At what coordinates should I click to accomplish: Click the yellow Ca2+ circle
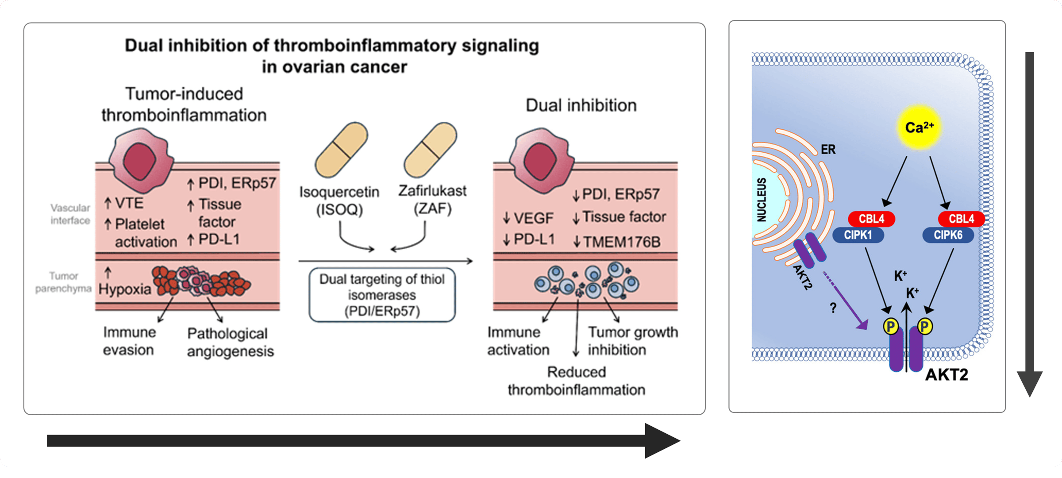coord(919,127)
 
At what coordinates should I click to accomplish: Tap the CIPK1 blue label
coord(858,235)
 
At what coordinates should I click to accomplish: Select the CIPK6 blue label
coord(948,235)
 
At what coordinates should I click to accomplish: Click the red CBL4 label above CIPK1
coord(871,219)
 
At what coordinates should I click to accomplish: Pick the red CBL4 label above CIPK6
coord(961,219)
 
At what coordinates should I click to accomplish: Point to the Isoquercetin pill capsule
coord(341,150)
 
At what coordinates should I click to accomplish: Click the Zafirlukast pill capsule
coord(430,150)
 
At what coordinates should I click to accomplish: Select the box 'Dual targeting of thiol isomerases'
coord(382,295)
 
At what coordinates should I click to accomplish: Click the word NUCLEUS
coord(762,199)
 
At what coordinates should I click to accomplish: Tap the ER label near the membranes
coord(828,150)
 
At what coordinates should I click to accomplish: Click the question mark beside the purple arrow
coord(833,308)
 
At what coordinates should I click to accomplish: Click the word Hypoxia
coord(125,289)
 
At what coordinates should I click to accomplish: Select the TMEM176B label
coord(622,242)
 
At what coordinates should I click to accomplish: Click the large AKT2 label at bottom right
coord(947,375)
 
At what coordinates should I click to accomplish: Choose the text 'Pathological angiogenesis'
coord(230,343)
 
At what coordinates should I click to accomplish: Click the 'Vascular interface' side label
coord(70,214)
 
